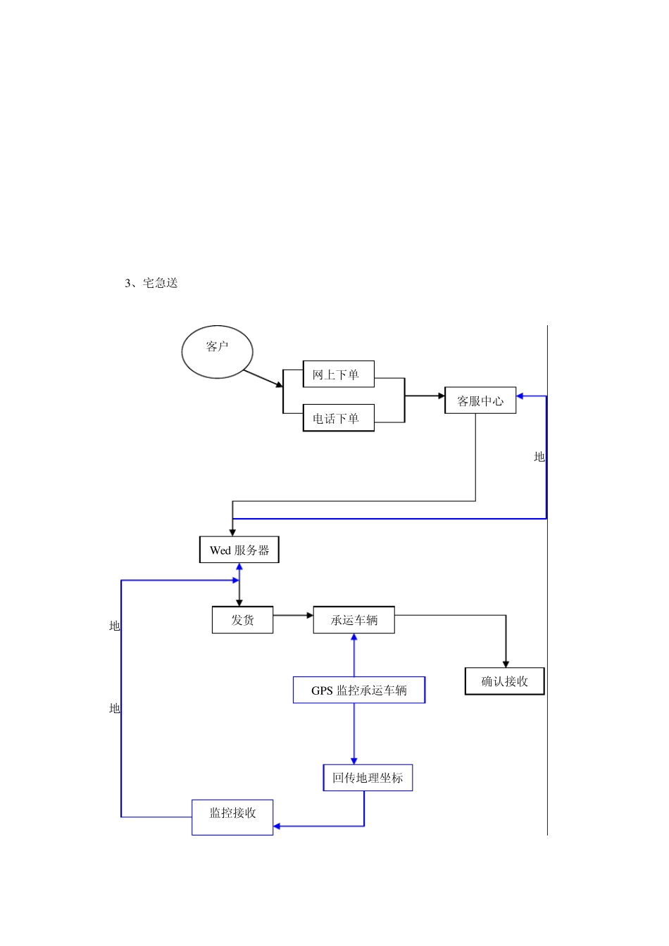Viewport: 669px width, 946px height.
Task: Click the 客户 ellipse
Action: (x=217, y=352)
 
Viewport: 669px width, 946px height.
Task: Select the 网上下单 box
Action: (x=338, y=374)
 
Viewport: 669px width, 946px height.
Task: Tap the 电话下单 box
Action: (x=338, y=418)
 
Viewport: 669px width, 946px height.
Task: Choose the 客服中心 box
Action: (x=480, y=401)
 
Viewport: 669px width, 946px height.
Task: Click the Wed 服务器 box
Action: (x=239, y=550)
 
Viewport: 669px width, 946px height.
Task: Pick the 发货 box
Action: (x=242, y=619)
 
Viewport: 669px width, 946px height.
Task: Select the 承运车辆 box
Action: (x=354, y=619)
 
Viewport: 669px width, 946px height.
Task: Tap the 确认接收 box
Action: (x=504, y=681)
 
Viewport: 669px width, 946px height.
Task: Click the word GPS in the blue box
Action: (x=322, y=690)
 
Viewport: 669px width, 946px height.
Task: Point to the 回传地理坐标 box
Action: (x=368, y=778)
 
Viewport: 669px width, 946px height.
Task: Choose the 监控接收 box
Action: (x=232, y=816)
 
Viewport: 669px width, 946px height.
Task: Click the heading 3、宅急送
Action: (x=151, y=283)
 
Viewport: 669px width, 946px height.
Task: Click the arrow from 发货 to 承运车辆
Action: (x=292, y=615)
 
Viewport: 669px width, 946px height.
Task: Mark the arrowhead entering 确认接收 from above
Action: (x=506, y=664)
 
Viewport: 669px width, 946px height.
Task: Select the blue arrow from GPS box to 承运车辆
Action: (x=354, y=655)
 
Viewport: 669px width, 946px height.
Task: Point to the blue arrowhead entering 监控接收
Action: (x=277, y=826)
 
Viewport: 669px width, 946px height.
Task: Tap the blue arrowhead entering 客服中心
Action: (x=520, y=396)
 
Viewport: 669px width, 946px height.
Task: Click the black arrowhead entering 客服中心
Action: (x=441, y=396)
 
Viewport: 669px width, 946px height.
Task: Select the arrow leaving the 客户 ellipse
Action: (x=263, y=379)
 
